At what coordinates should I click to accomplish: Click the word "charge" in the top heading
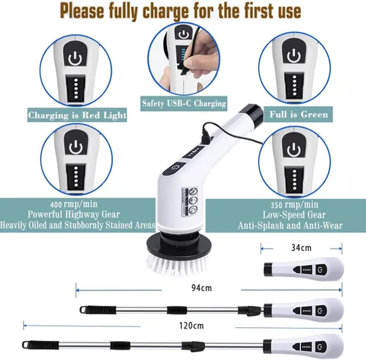point(165,12)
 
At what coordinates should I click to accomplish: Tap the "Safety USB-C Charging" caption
point(184,103)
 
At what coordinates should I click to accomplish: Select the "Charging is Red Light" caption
point(77,115)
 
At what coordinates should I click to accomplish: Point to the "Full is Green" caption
point(299,114)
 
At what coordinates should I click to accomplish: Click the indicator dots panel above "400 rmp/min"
point(76,176)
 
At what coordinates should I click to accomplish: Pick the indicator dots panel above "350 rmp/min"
point(294,179)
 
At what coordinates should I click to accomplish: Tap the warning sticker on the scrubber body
point(190,202)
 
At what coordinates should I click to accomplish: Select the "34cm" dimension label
point(302,248)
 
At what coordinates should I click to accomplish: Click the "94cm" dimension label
point(201,288)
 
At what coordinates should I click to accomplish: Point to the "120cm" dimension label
point(191,326)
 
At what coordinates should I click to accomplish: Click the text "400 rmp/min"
point(74,204)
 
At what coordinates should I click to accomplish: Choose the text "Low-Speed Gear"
point(294,214)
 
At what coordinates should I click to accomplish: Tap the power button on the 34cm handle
point(321,269)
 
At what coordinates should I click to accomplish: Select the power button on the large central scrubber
point(175,168)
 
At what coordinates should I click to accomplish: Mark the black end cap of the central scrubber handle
point(253,114)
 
